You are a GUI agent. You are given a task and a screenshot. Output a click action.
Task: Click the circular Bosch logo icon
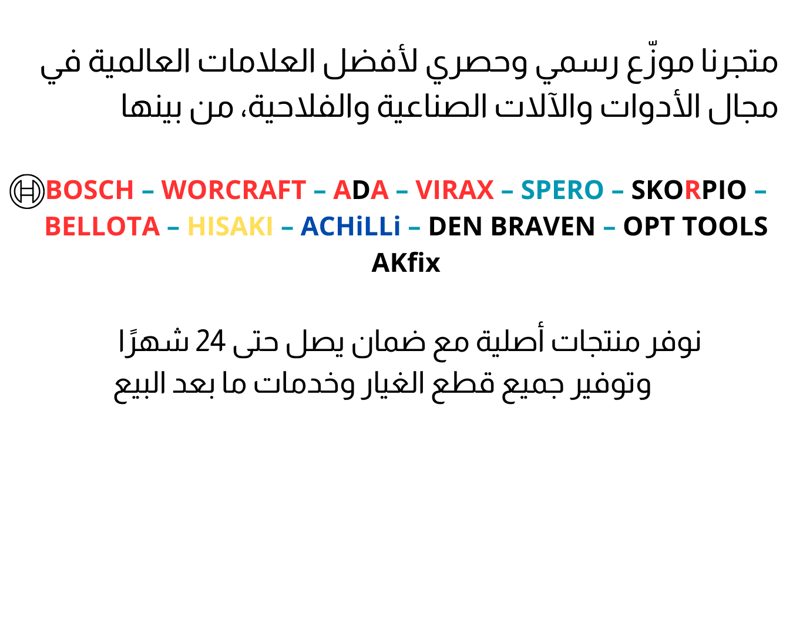point(27,191)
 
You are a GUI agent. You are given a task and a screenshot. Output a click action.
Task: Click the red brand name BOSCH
point(89,190)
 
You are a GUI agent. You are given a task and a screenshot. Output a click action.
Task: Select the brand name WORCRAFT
point(233,190)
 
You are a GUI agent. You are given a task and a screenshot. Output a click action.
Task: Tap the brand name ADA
point(361,190)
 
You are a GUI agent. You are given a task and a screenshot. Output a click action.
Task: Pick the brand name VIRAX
point(454,190)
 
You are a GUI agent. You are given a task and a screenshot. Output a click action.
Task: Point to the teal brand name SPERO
point(562,190)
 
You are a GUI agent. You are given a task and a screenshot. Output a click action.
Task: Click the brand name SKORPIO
point(688,190)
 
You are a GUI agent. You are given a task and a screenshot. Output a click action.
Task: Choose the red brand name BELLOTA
point(102,226)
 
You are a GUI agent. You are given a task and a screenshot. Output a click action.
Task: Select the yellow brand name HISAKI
point(230,226)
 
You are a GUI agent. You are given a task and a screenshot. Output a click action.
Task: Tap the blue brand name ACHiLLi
point(350,226)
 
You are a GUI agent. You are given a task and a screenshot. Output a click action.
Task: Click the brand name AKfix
point(406,262)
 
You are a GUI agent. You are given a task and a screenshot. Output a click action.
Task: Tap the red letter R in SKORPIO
point(693,190)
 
